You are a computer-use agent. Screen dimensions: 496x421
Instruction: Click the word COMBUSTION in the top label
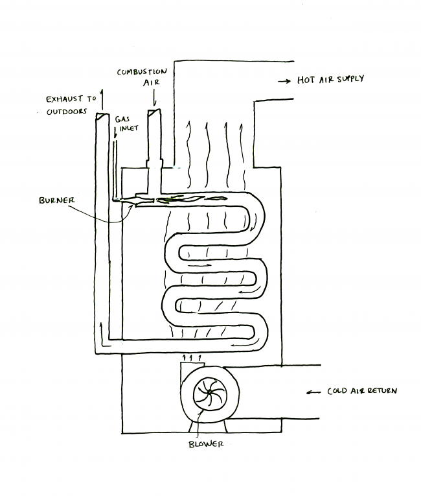coord(142,71)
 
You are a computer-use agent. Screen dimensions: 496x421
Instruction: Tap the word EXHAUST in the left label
coord(63,99)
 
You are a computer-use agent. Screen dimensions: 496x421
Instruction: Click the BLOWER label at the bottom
coord(205,444)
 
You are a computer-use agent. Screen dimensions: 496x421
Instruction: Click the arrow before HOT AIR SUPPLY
coord(282,81)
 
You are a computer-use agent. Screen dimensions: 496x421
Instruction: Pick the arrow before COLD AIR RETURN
coord(313,392)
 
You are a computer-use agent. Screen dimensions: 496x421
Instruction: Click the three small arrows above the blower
coord(193,357)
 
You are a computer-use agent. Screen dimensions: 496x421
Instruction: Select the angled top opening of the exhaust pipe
coord(101,116)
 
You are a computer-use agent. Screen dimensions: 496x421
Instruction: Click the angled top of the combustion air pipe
coord(154,112)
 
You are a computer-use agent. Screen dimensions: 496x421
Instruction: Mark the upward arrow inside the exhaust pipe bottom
coord(101,331)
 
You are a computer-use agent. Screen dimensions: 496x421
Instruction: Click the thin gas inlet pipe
coord(115,162)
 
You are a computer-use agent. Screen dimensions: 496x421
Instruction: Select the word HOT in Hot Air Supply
coord(306,80)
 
